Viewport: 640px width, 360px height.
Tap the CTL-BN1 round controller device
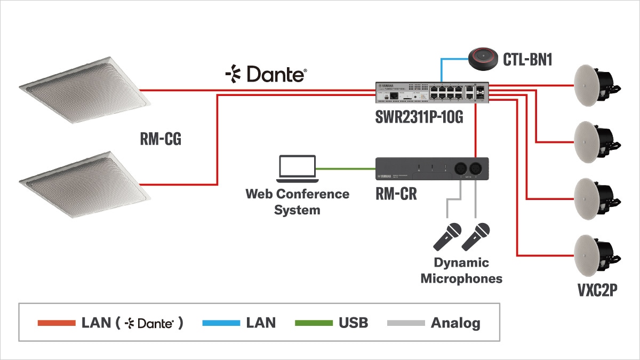[x=484, y=57]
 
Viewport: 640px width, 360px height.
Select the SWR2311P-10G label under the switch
[x=419, y=117]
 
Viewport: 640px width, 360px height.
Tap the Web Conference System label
[x=297, y=202]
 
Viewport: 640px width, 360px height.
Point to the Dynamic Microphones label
[x=461, y=270]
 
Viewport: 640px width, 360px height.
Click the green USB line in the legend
[x=314, y=323]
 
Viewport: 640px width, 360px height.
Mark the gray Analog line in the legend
[x=406, y=323]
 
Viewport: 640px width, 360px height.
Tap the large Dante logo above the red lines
[x=266, y=74]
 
